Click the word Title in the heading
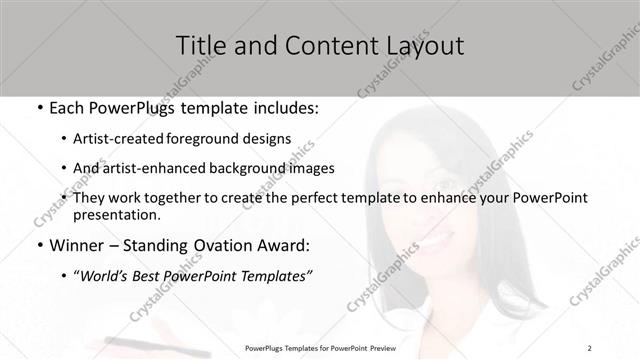pos(198,45)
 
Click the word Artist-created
pos(125,139)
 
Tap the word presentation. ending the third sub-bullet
pos(116,214)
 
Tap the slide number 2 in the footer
pos(590,348)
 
